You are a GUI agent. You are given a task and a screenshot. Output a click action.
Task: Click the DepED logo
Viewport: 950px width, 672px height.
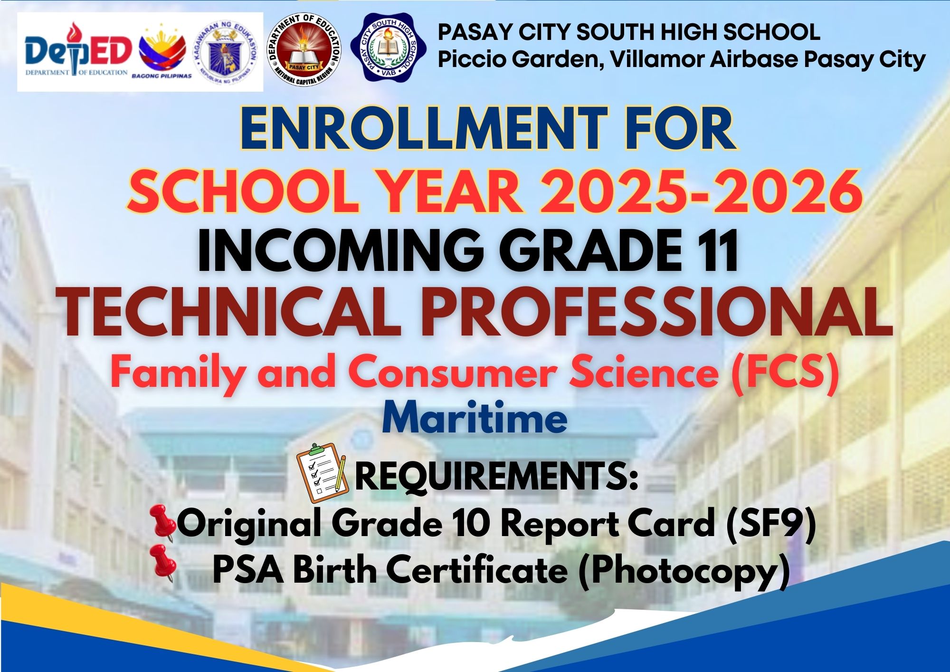77,50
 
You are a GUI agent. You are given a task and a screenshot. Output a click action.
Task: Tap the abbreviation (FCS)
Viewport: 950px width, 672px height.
784,374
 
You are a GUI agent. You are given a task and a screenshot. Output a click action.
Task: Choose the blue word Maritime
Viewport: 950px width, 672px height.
475,419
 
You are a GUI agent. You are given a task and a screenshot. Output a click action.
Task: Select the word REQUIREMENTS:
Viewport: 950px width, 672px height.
496,477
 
